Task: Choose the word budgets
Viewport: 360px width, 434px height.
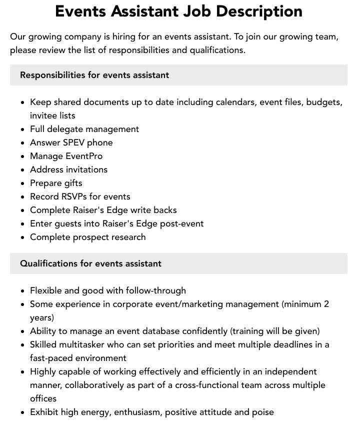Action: (324, 102)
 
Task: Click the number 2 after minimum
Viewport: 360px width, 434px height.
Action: (326, 304)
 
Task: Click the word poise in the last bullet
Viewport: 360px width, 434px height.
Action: (262, 412)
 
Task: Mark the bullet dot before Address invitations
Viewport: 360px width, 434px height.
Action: (23, 170)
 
